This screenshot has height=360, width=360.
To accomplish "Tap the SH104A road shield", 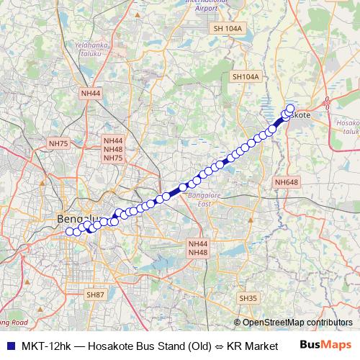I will (245, 76).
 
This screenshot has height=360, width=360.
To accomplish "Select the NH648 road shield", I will (286, 182).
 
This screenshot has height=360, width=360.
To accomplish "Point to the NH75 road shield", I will (58, 144).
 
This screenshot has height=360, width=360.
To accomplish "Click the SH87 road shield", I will (95, 295).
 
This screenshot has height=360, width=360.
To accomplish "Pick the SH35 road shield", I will (248, 298).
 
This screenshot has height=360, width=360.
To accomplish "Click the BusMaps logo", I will (325, 346).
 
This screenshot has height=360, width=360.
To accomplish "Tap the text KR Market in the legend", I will (252, 346).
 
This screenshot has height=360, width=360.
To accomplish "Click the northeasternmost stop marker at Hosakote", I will (290, 109).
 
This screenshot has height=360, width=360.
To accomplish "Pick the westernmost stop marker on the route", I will (70, 231).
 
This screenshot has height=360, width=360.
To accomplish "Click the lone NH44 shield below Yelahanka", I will (91, 94).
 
